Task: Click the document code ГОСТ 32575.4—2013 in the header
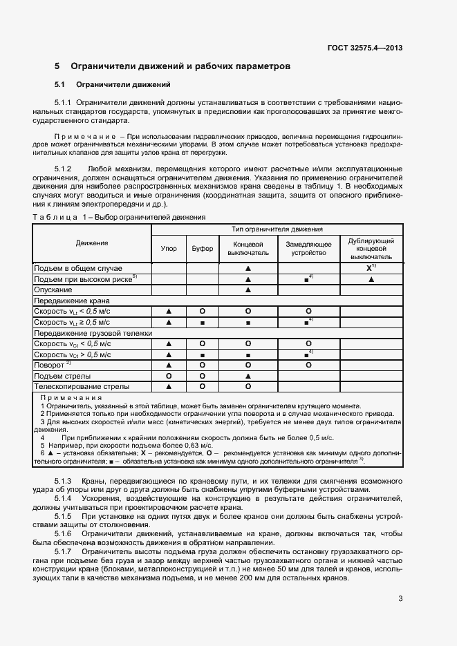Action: (x=364, y=48)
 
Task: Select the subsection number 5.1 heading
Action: (x=59, y=85)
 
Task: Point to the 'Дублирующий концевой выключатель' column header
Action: (x=371, y=248)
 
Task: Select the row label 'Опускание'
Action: (x=53, y=289)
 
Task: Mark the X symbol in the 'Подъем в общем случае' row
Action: (x=369, y=267)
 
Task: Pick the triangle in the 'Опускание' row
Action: (x=247, y=290)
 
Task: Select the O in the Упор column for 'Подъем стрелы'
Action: (x=168, y=375)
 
